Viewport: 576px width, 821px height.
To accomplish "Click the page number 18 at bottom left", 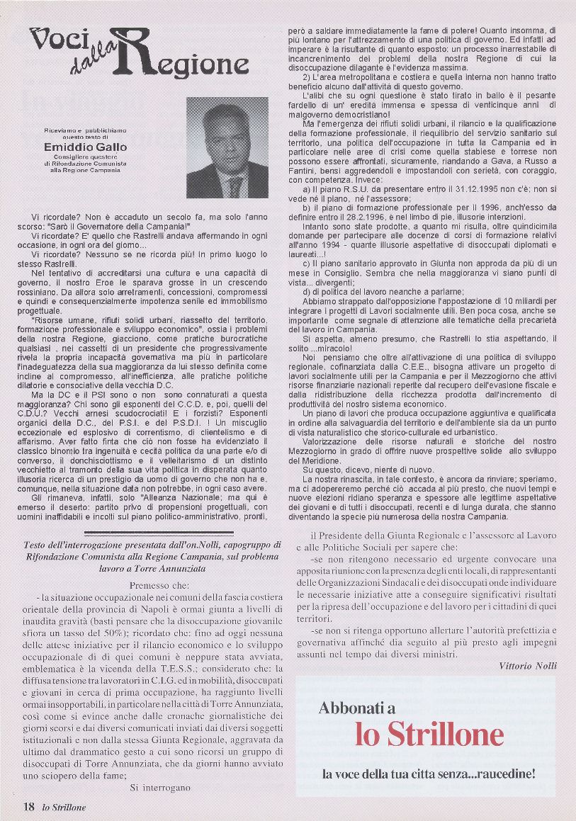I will [x=29, y=807].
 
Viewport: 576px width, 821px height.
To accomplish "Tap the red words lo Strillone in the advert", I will [x=429, y=734].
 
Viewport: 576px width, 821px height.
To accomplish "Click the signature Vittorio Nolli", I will [x=527, y=666].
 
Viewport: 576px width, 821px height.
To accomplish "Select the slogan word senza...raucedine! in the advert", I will [x=485, y=774].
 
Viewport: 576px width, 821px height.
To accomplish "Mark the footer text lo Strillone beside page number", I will [x=64, y=808].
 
